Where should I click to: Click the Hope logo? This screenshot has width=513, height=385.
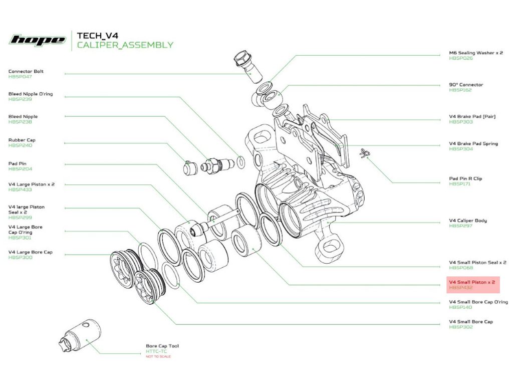(38, 40)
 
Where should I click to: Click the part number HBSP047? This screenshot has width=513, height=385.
(20, 77)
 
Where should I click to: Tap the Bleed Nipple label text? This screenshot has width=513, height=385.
(23, 116)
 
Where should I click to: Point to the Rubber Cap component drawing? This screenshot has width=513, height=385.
(190, 168)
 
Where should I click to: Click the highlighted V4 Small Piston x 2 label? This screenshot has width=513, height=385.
(472, 282)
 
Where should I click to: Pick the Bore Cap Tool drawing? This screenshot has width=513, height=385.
(80, 335)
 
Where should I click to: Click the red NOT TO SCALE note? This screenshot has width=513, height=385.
(158, 356)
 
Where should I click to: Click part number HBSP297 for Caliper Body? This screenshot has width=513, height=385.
(461, 226)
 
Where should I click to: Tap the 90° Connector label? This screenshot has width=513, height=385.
(466, 85)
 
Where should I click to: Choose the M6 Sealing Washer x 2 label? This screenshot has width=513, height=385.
(476, 53)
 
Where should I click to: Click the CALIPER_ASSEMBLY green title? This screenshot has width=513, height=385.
(125, 45)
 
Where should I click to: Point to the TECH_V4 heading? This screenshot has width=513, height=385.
(98, 36)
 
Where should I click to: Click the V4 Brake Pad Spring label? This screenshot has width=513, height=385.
(473, 144)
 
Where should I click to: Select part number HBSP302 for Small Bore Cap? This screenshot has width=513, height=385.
(461, 327)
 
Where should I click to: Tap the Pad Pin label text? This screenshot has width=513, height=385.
(18, 164)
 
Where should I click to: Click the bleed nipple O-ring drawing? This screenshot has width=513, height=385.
(241, 162)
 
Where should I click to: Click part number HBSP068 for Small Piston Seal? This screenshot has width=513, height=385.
(461, 268)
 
